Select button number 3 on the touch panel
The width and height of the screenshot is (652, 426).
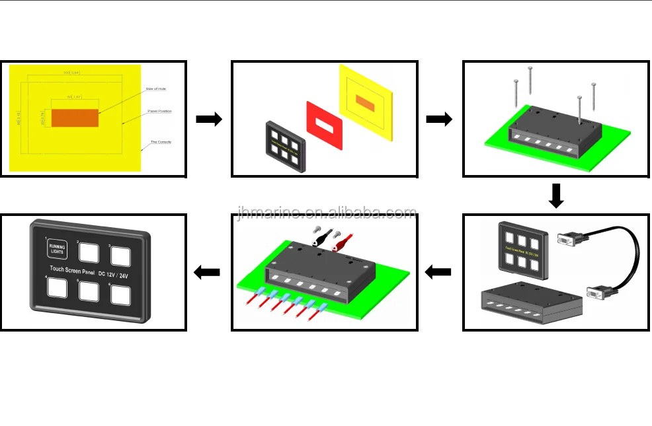point(120,256)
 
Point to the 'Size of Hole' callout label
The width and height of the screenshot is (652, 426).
point(157,89)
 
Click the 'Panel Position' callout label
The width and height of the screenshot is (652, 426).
point(159,111)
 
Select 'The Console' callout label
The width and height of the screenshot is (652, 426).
point(161,141)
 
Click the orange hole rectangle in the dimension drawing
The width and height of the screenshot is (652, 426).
point(75,118)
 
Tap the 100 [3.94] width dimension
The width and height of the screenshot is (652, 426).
point(71,72)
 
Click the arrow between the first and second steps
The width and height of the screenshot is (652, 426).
point(209,120)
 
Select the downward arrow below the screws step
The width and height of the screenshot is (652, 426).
point(556,195)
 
